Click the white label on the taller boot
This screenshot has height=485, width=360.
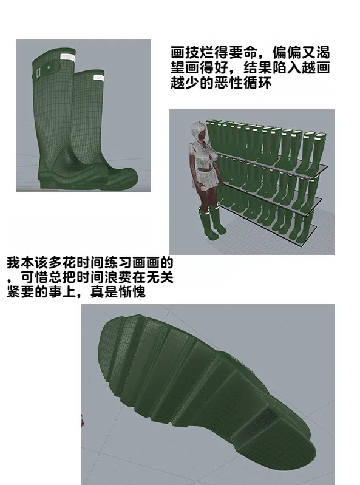click(68, 58)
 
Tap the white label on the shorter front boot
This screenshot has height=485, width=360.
click(99, 78)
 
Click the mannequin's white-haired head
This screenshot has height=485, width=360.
click(199, 130)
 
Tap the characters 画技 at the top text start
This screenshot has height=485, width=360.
click(185, 53)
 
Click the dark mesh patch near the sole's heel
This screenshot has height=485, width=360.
click(262, 420)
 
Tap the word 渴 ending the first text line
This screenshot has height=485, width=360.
click(323, 53)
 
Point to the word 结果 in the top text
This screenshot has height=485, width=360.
click(258, 68)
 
